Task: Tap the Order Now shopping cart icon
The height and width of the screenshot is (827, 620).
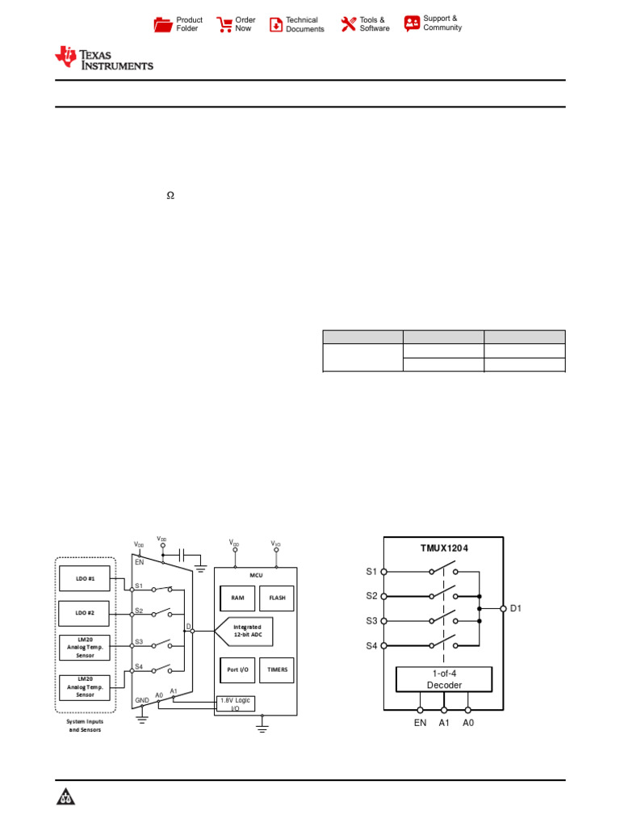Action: pos(224,24)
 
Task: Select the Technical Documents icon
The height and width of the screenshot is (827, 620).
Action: pos(276,24)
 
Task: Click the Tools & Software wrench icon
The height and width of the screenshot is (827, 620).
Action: pos(348,24)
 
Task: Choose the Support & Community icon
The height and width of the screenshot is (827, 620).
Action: pos(413,23)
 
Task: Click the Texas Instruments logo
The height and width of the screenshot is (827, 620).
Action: pos(103,58)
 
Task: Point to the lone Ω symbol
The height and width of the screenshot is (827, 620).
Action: pos(170,195)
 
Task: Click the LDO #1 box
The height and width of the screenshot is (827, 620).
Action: pos(86,578)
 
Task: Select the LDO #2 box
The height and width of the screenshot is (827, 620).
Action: pos(86,613)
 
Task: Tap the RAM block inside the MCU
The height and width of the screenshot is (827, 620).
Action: pos(237,598)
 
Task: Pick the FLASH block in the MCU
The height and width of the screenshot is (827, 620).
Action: pos(277,598)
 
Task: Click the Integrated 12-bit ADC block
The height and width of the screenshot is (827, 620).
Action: pos(247,632)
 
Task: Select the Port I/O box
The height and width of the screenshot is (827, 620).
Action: pos(237,670)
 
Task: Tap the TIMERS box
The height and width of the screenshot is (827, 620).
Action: pos(277,670)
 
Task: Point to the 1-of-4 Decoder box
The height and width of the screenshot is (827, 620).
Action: pos(444,679)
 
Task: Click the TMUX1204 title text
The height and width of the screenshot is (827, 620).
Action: pos(444,548)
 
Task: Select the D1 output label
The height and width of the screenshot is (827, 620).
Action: pos(516,608)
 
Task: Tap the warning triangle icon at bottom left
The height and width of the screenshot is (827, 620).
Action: pos(65,798)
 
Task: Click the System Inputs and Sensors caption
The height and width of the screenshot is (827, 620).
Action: pos(85,725)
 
